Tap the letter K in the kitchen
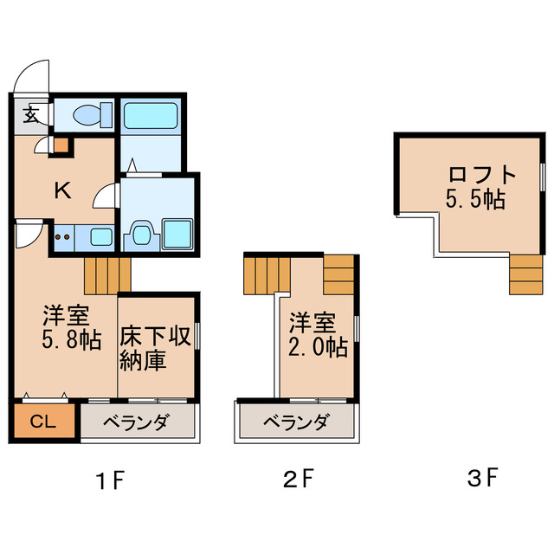point(62,190)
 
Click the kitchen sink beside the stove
point(100,236)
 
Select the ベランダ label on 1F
point(138,423)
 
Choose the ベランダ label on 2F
point(296,423)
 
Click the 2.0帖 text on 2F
point(318,347)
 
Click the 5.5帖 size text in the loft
point(476,199)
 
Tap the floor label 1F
point(112,478)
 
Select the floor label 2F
point(297,478)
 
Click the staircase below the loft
point(525,275)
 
